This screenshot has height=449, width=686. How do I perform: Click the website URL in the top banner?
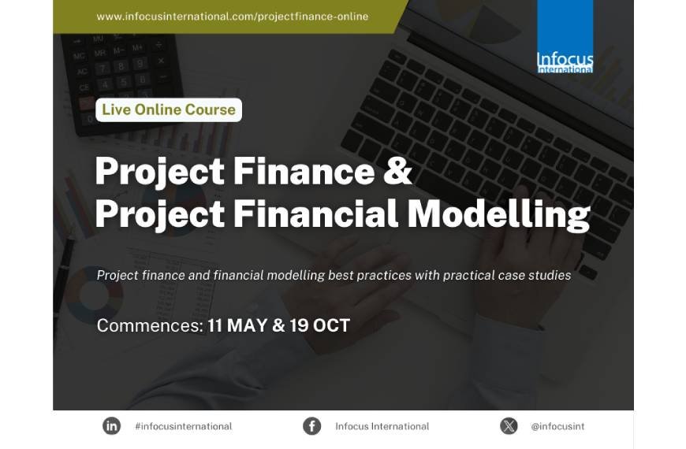point(232,17)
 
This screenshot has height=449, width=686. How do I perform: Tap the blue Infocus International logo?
point(565,37)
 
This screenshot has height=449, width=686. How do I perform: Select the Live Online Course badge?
point(169,109)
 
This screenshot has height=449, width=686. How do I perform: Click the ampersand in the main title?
point(398,171)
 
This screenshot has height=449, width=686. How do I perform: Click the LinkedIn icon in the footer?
point(112,426)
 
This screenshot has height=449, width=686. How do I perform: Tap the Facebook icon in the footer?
point(312,426)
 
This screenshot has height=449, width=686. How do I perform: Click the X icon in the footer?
point(509,426)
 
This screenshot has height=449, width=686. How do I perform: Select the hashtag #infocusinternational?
point(184,426)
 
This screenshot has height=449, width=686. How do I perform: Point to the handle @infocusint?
point(558,426)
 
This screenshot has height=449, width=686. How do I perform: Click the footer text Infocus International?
point(382,426)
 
